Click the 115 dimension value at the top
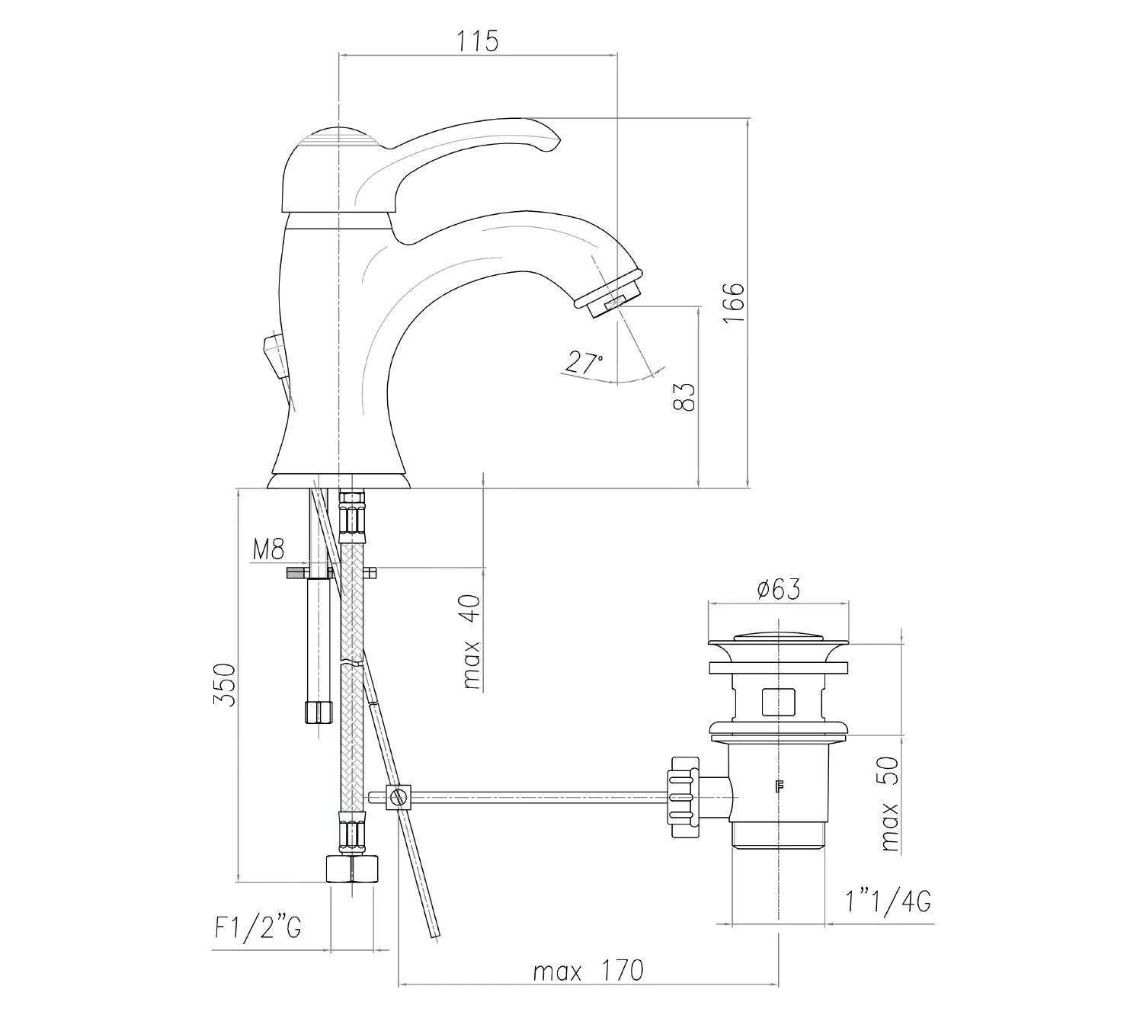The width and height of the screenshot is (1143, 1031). click(478, 41)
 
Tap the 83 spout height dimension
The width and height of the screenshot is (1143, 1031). click(686, 397)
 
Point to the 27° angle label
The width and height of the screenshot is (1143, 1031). click(584, 363)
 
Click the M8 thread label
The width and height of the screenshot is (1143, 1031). click(267, 550)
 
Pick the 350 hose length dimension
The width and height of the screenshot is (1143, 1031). click(224, 685)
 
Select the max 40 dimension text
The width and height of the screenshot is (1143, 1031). click(472, 642)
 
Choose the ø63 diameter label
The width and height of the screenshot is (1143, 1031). click(779, 589)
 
